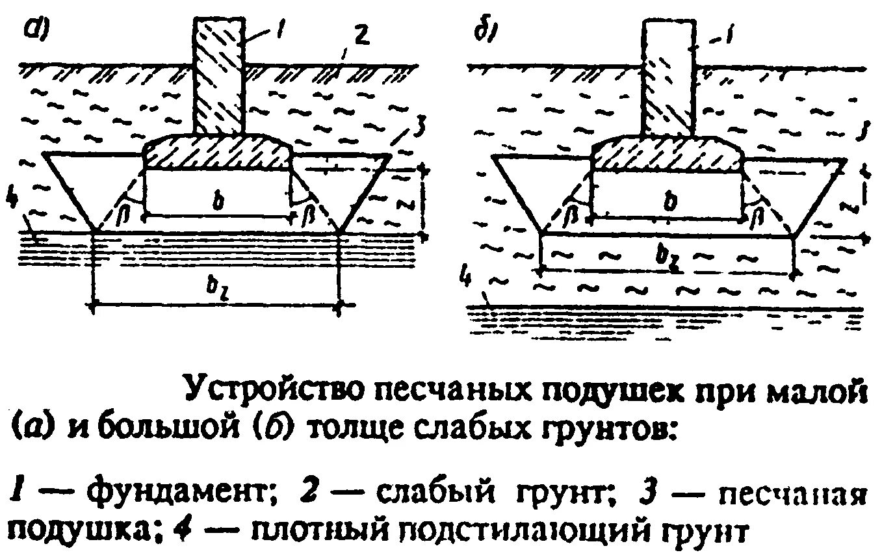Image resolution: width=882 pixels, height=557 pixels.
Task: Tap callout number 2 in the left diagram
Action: [362, 38]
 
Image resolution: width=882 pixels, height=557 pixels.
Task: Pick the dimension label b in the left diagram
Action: [219, 202]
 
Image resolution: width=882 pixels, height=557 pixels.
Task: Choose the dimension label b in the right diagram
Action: [669, 202]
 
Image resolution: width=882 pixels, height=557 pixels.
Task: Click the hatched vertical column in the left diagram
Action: [219, 75]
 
